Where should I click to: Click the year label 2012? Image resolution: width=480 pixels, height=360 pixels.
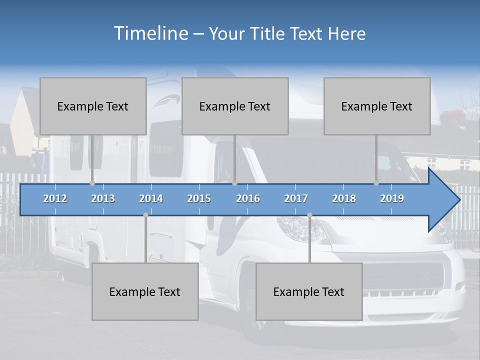[x=55, y=198]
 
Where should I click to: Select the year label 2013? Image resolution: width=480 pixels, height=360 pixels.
[x=103, y=198]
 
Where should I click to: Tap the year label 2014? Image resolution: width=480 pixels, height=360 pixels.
[x=151, y=198]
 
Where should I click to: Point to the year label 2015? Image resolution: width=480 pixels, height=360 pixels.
[x=199, y=198]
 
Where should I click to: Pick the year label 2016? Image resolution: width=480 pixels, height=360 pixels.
[x=248, y=198]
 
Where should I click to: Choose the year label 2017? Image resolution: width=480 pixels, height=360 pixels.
[x=296, y=198]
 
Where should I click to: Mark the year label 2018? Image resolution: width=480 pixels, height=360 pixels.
[x=344, y=198]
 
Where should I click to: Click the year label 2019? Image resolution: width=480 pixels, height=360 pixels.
[x=392, y=198]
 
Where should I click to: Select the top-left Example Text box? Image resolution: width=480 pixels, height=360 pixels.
[x=93, y=106]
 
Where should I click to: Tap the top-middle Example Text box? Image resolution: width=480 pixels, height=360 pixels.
[x=235, y=106]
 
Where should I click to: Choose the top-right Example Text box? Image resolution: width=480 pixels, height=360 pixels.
[x=377, y=106]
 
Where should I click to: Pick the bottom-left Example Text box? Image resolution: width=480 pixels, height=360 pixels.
[x=145, y=291]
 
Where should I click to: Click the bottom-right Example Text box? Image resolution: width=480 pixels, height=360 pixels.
[x=309, y=291]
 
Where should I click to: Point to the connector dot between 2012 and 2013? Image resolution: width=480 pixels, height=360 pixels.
[x=92, y=183]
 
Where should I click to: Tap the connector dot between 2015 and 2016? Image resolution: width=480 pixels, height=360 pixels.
[x=234, y=183]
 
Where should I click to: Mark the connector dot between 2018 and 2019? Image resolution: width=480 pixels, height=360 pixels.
[x=376, y=183]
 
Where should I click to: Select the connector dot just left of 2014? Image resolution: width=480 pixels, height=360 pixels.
[x=145, y=215]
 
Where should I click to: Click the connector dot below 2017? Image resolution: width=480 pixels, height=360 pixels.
[x=309, y=215]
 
